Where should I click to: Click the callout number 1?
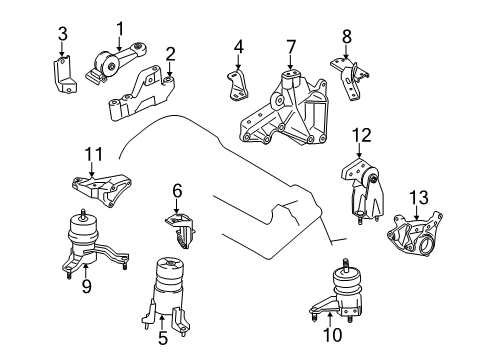(x=119, y=27)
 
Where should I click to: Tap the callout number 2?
(x=170, y=53)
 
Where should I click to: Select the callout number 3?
(x=62, y=41)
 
